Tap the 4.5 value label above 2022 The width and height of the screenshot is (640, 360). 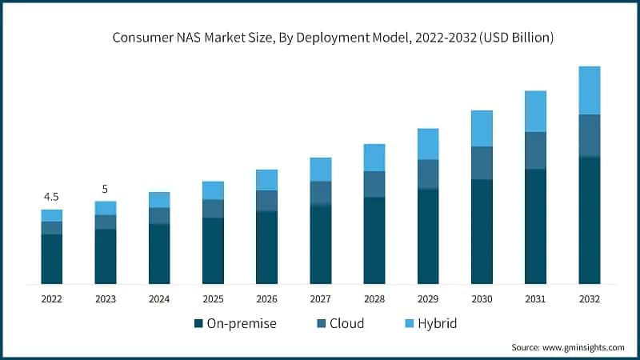[51, 197]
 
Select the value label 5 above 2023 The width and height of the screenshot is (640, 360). [105, 189]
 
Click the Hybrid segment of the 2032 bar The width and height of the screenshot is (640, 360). [589, 90]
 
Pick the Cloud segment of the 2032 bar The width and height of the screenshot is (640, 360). [589, 136]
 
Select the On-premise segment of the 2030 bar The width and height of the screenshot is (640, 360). [482, 231]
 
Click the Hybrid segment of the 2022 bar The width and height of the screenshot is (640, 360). [51, 215]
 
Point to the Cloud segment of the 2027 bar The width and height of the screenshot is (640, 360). [320, 193]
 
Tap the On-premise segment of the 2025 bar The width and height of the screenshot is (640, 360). [213, 250]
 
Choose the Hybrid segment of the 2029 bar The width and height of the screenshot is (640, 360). [428, 144]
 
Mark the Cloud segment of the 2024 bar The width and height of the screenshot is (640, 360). [159, 215]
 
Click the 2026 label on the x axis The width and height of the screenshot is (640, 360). [266, 298]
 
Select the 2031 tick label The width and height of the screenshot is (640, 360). [535, 298]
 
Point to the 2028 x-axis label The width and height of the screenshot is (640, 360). [374, 298]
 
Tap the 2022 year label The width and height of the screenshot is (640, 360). [51, 298]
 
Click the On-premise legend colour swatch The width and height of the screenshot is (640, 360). [198, 324]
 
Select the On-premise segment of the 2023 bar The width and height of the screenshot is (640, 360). [105, 256]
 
